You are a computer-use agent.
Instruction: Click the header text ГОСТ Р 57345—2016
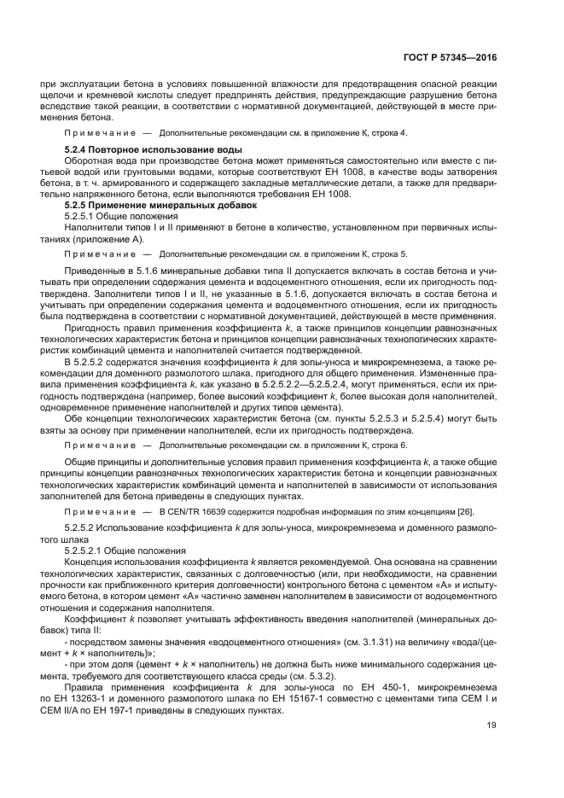tap(449, 58)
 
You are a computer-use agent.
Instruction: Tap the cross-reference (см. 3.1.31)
tap(357, 640)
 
